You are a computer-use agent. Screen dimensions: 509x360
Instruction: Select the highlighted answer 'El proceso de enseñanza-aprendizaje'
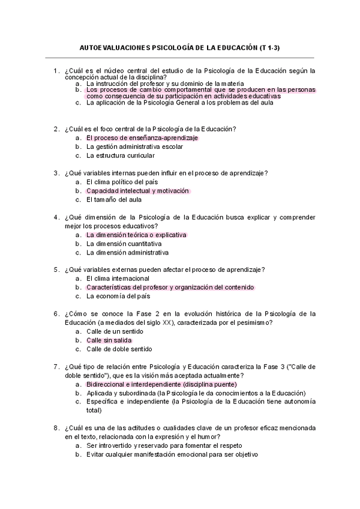click(142, 137)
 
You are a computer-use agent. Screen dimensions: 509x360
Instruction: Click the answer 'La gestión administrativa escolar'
click(134, 146)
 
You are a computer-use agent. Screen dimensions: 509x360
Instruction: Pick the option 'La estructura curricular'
click(121, 155)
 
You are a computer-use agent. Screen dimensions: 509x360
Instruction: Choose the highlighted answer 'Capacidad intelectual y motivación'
click(137, 191)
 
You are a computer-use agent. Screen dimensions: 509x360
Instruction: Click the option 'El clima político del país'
click(122, 182)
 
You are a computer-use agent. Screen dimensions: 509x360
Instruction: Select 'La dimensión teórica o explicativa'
click(136, 235)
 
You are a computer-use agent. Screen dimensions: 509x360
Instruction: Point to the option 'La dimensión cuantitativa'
click(124, 244)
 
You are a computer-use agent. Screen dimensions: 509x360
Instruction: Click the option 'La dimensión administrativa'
click(127, 253)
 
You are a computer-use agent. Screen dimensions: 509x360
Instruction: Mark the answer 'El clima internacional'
click(118, 279)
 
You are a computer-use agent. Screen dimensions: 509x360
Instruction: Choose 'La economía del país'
click(118, 296)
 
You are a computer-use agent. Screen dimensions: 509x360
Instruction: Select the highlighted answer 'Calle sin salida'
click(109, 340)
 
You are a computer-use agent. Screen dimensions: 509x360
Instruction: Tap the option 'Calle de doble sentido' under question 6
click(119, 349)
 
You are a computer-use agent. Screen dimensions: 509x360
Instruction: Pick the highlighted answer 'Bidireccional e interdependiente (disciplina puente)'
click(161, 384)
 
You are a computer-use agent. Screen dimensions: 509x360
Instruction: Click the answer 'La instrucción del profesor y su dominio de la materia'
click(165, 83)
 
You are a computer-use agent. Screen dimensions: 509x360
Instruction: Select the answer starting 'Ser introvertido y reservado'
click(164, 446)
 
